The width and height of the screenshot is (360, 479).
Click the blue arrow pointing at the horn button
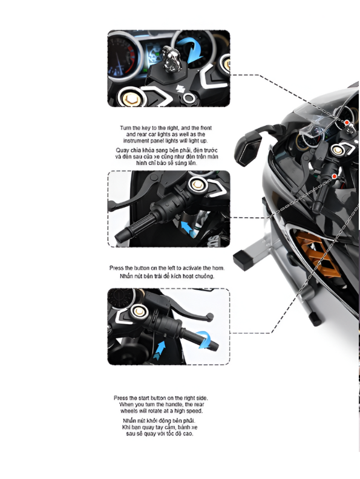pyautogui.click(x=189, y=227)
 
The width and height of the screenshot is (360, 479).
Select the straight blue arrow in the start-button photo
pyautogui.click(x=160, y=350)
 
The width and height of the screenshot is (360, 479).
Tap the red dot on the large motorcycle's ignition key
pyautogui.click(x=348, y=124)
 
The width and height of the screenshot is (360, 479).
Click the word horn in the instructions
pyautogui.click(x=204, y=267)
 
